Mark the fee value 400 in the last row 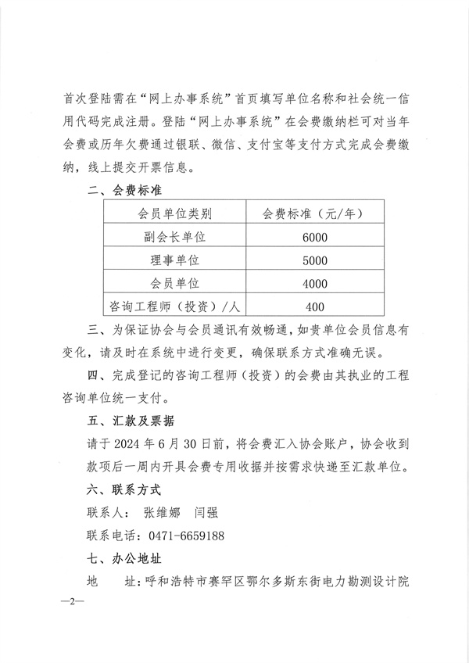coord(315,306)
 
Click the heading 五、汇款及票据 coord(131,421)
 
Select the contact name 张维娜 coord(162,514)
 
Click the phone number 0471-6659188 coord(186,536)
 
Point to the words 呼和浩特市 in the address coord(180,582)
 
